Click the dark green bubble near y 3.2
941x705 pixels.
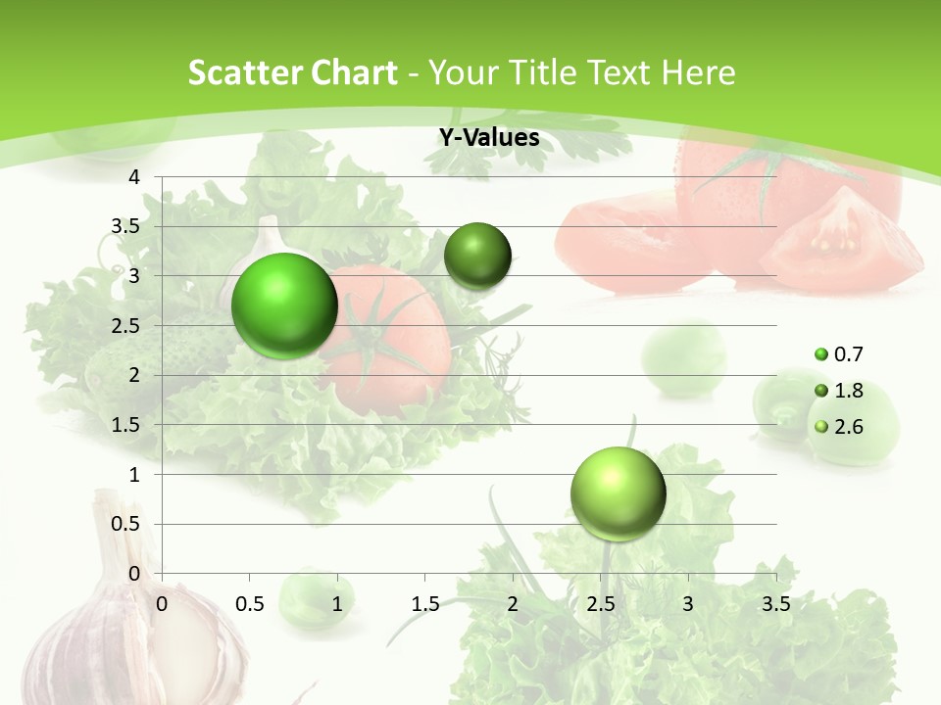[x=477, y=257]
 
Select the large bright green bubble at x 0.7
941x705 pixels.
[x=284, y=305]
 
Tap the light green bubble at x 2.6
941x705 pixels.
[x=618, y=493]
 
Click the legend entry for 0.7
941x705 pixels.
[x=848, y=354]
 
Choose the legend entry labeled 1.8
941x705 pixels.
[x=848, y=391]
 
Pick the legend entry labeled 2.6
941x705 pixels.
[x=848, y=427]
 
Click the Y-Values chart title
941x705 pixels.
[x=489, y=138]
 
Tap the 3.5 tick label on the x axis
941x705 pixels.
[x=775, y=604]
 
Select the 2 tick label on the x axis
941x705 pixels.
[x=513, y=604]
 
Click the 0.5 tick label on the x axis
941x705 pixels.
[x=249, y=604]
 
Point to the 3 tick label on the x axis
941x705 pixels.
[x=688, y=604]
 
